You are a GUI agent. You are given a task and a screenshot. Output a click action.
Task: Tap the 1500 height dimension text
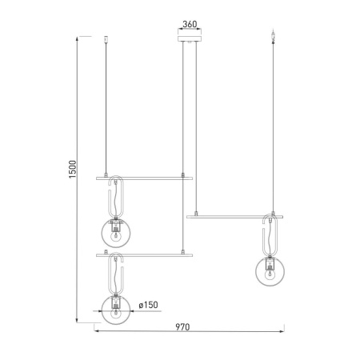72,170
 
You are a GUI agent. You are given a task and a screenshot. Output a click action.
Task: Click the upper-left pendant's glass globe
117,233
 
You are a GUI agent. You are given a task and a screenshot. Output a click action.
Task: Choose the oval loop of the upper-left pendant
117,198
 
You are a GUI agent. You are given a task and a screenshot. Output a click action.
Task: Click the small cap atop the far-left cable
107,37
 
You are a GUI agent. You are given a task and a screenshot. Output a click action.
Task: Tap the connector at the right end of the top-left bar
184,175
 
